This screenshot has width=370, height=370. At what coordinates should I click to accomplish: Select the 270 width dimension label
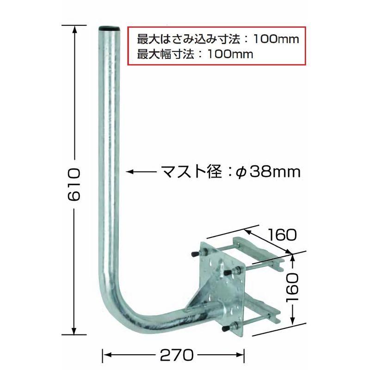tap(176, 355)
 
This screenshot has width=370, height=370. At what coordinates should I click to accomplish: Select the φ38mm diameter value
tap(268, 172)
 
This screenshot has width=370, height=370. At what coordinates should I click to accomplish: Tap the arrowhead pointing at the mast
tap(130, 172)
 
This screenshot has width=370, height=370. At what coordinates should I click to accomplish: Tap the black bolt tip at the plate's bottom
tap(227, 329)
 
